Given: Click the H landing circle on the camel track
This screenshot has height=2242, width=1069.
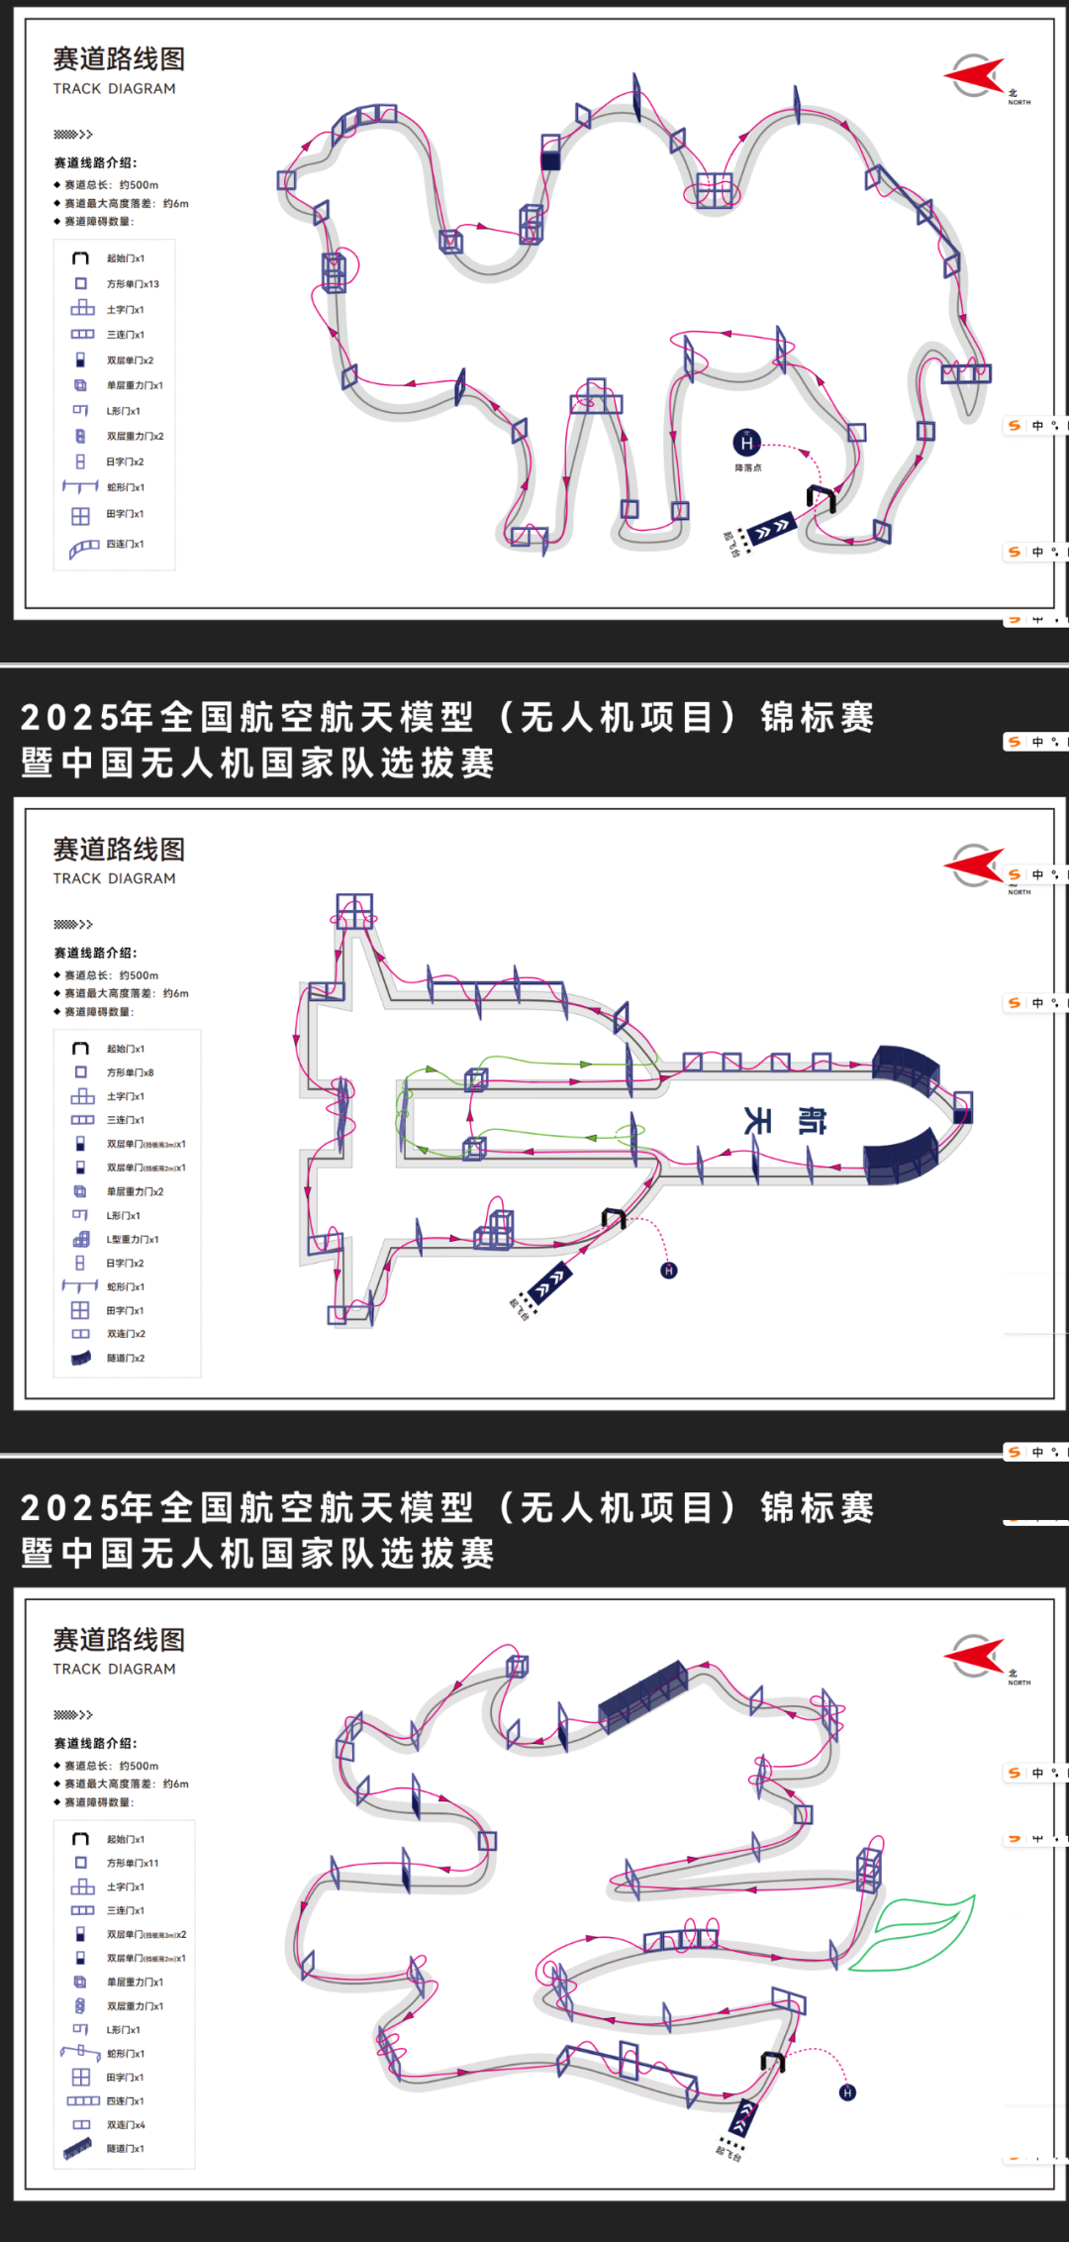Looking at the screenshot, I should tap(746, 443).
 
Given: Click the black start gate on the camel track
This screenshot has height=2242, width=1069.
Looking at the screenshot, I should tap(821, 497).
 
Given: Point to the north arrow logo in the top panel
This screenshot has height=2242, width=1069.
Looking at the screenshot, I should tap(976, 75).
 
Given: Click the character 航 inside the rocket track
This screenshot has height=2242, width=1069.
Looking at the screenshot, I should tap(812, 1120).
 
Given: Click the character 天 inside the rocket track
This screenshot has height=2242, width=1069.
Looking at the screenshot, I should tap(757, 1120).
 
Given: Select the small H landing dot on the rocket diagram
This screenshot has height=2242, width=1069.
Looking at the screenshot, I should tap(669, 1271).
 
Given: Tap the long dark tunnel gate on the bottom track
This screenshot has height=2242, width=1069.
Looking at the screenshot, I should tap(643, 1695).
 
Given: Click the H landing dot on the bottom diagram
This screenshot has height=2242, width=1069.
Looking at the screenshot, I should tap(847, 2092).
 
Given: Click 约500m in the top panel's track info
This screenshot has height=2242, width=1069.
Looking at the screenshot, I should tap(139, 185).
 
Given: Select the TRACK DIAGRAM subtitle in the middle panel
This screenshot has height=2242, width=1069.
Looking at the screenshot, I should tap(115, 878).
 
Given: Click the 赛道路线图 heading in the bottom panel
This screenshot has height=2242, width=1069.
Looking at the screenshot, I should tap(119, 1640).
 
